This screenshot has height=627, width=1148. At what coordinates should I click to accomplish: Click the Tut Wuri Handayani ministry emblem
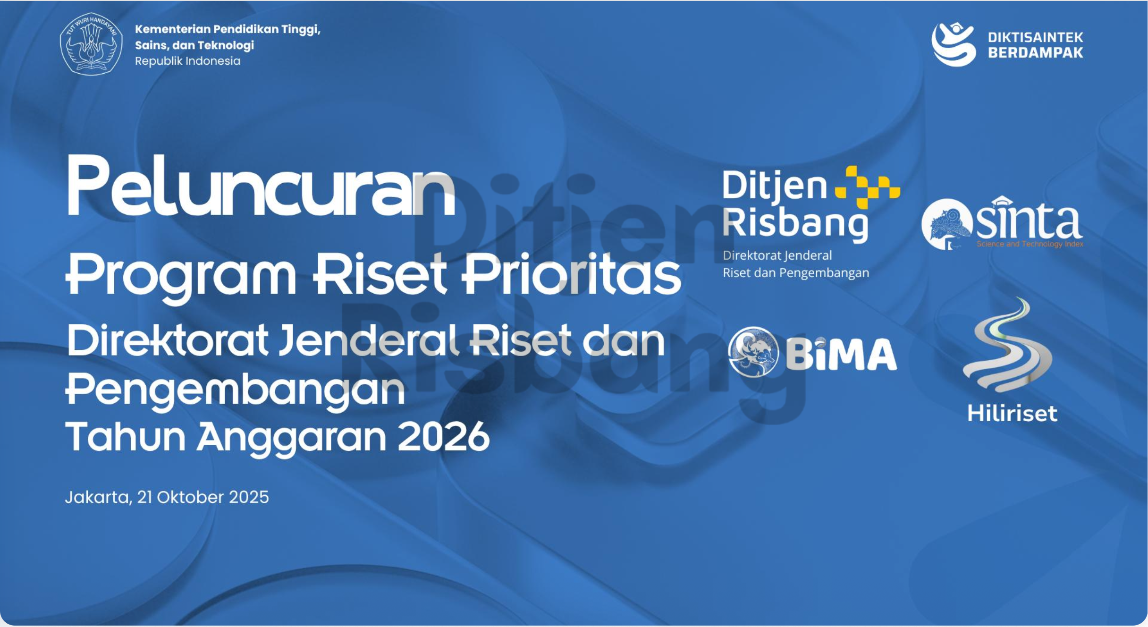coord(91,44)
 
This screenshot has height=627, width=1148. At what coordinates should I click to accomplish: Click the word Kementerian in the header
coord(173,29)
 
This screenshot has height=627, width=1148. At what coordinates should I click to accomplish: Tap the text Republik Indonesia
coord(187,61)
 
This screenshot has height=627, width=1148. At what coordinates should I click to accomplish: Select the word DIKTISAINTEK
coord(1035,37)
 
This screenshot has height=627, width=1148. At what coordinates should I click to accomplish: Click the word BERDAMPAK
coord(1035,52)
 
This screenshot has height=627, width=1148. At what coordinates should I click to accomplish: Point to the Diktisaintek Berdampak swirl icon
coord(953,44)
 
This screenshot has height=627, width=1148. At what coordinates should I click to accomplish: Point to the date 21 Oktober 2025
coord(203,497)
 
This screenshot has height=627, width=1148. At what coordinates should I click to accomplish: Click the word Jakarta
coord(98,498)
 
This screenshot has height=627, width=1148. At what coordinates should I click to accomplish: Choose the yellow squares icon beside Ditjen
coord(867,187)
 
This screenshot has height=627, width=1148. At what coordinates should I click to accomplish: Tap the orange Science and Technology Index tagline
coord(1030,244)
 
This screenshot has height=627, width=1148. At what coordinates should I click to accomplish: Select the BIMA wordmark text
coord(841,354)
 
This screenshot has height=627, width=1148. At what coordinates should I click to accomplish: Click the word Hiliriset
coord(1012,414)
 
